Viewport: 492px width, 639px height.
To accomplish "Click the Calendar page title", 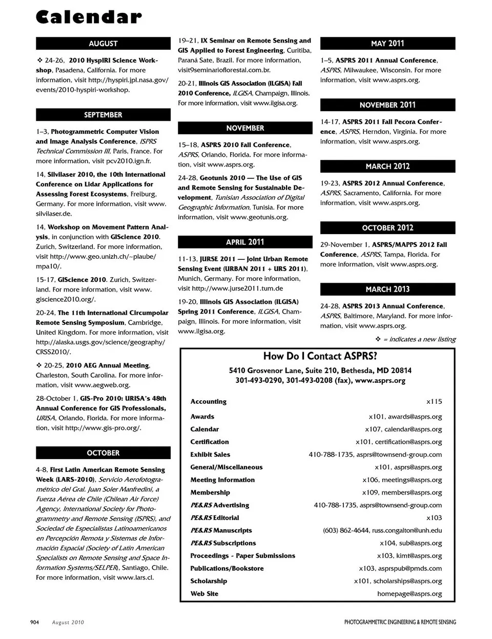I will tap(89, 17).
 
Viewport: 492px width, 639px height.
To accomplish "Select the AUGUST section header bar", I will tap(103, 44).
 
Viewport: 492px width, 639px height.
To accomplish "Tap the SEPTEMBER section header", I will tap(103, 115).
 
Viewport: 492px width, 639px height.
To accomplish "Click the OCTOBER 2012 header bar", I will tap(387, 228).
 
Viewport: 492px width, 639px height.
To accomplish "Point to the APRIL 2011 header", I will tap(245, 242).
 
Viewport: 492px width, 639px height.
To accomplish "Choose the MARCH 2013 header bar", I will tap(387, 289).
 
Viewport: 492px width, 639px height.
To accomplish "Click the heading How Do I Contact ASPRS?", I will tap(320, 356).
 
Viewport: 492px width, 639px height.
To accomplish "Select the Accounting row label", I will tap(208, 401).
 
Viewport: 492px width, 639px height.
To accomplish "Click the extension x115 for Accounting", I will tap(434, 401).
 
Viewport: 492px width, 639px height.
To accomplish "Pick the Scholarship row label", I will tap(209, 581).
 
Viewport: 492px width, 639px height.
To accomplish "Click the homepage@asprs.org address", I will tap(409, 593).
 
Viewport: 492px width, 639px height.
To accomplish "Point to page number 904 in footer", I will tap(35, 622).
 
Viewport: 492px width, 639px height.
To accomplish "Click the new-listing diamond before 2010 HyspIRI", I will tap(39, 60).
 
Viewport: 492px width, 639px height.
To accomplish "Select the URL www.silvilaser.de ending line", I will tap(54, 214).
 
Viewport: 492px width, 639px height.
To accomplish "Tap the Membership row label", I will tap(210, 492).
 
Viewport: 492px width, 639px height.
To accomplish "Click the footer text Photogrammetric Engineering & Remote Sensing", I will tap(400, 622).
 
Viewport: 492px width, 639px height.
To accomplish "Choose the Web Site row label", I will tap(204, 593).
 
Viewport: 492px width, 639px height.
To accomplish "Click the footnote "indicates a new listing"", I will tap(419, 339).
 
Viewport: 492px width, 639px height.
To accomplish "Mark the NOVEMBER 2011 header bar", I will tap(387, 105).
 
